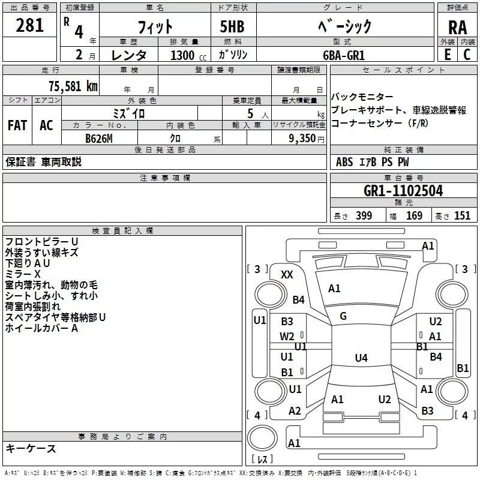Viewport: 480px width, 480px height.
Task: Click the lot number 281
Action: point(30,25)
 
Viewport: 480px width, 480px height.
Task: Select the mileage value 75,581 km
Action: point(73,86)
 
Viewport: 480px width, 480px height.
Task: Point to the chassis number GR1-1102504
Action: point(403,191)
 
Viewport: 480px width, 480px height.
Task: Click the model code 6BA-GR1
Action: point(343,55)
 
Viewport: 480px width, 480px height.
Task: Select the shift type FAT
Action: point(17,125)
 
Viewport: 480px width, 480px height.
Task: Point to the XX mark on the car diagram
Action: point(287,275)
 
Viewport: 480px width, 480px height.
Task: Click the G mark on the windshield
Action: point(343,316)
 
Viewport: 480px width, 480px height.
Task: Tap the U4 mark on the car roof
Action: point(361,358)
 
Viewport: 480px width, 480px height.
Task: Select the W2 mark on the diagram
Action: point(287,336)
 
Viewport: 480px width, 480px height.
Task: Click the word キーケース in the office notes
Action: point(31,449)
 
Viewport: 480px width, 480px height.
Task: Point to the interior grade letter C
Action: point(467,55)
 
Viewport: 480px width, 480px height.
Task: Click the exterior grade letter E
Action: point(447,55)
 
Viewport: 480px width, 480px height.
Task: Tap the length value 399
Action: point(364,216)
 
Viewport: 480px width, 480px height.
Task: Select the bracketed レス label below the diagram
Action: point(262,460)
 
